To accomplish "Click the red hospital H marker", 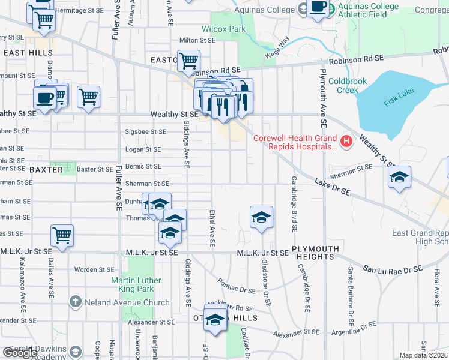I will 346,142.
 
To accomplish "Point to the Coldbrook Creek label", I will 343,86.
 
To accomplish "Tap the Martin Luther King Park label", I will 136,285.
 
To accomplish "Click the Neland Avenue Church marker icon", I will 75,302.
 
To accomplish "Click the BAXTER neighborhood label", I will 46,170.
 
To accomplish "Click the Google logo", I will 20,352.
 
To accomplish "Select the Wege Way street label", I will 277,47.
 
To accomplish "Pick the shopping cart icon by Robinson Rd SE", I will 188,60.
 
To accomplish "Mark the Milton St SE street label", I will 197,40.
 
